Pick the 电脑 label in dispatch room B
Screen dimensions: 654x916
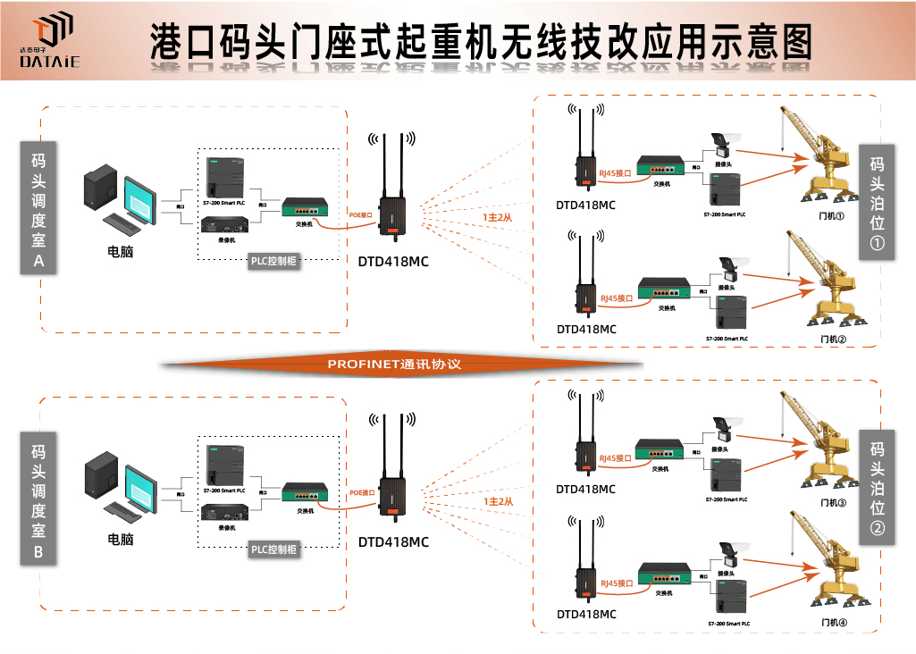121,539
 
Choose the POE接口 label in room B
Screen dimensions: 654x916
361,491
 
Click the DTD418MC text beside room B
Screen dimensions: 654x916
393,541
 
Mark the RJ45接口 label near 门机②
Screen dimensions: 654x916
616,298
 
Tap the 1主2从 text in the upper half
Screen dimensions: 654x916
498,216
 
